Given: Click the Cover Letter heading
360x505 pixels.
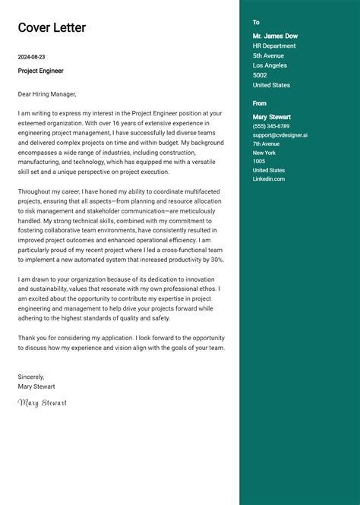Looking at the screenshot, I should pos(52,28).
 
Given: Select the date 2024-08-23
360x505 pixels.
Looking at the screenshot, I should pos(31,57).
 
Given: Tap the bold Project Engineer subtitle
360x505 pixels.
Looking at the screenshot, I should pos(41,71).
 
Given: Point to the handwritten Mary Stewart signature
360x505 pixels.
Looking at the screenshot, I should pos(43,402).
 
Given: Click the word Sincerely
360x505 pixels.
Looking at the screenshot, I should pos(31,377).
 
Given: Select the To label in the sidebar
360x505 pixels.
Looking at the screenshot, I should pos(256,23).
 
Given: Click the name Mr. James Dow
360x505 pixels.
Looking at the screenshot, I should pos(275,36).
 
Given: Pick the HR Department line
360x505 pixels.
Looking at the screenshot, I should pos(274,46).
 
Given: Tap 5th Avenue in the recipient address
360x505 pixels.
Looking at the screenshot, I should pos(268,55).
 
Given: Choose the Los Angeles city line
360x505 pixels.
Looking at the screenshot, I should pos(270,65).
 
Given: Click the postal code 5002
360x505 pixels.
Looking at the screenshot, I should pos(260,75).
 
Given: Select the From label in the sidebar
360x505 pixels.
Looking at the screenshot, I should pos(260,103).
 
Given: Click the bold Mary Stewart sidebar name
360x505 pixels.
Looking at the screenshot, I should pos(272,117).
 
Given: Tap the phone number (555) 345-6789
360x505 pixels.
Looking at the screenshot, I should pos(271,126).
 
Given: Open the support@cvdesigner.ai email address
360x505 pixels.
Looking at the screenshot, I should pos(280,135).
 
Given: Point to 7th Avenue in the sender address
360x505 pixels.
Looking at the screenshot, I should pos(267,144).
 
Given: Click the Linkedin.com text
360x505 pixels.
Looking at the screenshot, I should pos(269,179).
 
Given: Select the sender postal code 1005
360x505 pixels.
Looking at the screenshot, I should pos(259,161).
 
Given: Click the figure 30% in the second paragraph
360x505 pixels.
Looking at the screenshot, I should pos(216,259).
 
